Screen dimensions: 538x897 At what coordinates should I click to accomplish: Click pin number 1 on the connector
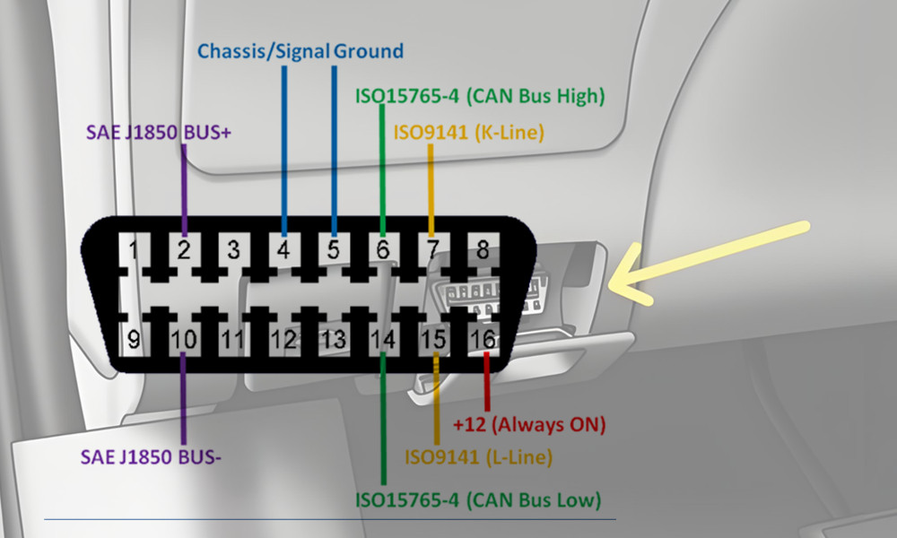[x=134, y=249]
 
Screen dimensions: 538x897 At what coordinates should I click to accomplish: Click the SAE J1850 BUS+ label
[x=159, y=132]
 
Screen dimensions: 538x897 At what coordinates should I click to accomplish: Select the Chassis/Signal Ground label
[x=300, y=50]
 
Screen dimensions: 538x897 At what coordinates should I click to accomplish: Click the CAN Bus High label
[x=480, y=94]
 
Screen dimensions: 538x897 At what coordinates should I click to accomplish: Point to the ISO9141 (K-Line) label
[x=469, y=134]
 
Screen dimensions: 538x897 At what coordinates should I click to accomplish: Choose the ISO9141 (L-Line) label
[x=478, y=457]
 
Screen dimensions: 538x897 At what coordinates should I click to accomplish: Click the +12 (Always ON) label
[x=529, y=422]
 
